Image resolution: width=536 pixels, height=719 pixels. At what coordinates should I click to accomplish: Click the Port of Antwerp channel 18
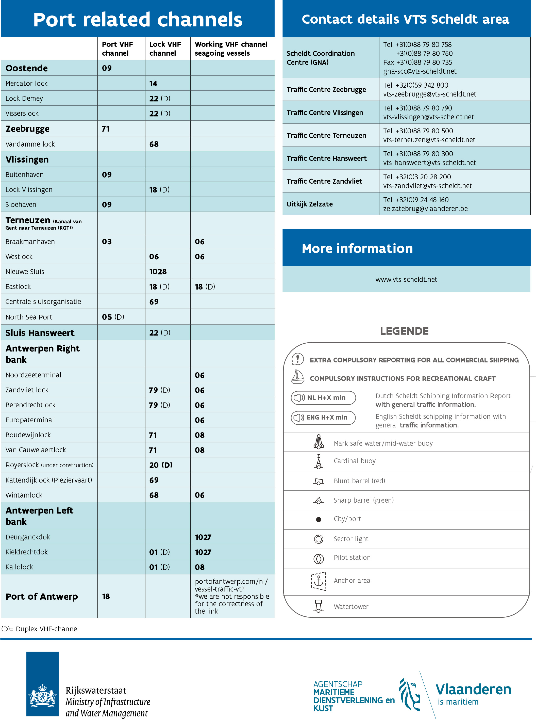[x=106, y=596]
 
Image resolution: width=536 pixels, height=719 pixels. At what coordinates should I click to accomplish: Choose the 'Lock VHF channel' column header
[x=165, y=49]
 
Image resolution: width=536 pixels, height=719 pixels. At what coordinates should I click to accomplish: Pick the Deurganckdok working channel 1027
[x=203, y=537]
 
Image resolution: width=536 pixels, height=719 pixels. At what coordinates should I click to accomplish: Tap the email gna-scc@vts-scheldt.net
[x=420, y=71]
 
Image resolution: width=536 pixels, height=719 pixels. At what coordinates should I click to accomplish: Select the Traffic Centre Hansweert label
[x=326, y=158]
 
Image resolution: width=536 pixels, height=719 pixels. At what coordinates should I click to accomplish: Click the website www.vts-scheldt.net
[x=406, y=279]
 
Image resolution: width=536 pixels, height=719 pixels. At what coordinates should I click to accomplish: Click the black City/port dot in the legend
[x=319, y=519]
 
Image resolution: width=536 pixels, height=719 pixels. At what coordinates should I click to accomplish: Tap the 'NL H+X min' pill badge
[x=323, y=398]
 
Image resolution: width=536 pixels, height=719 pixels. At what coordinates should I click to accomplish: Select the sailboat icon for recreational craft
[x=297, y=377]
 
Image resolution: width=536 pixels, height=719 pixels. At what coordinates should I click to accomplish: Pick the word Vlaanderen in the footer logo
[x=473, y=690]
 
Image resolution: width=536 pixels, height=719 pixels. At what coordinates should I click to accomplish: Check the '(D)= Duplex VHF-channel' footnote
[x=40, y=629]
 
